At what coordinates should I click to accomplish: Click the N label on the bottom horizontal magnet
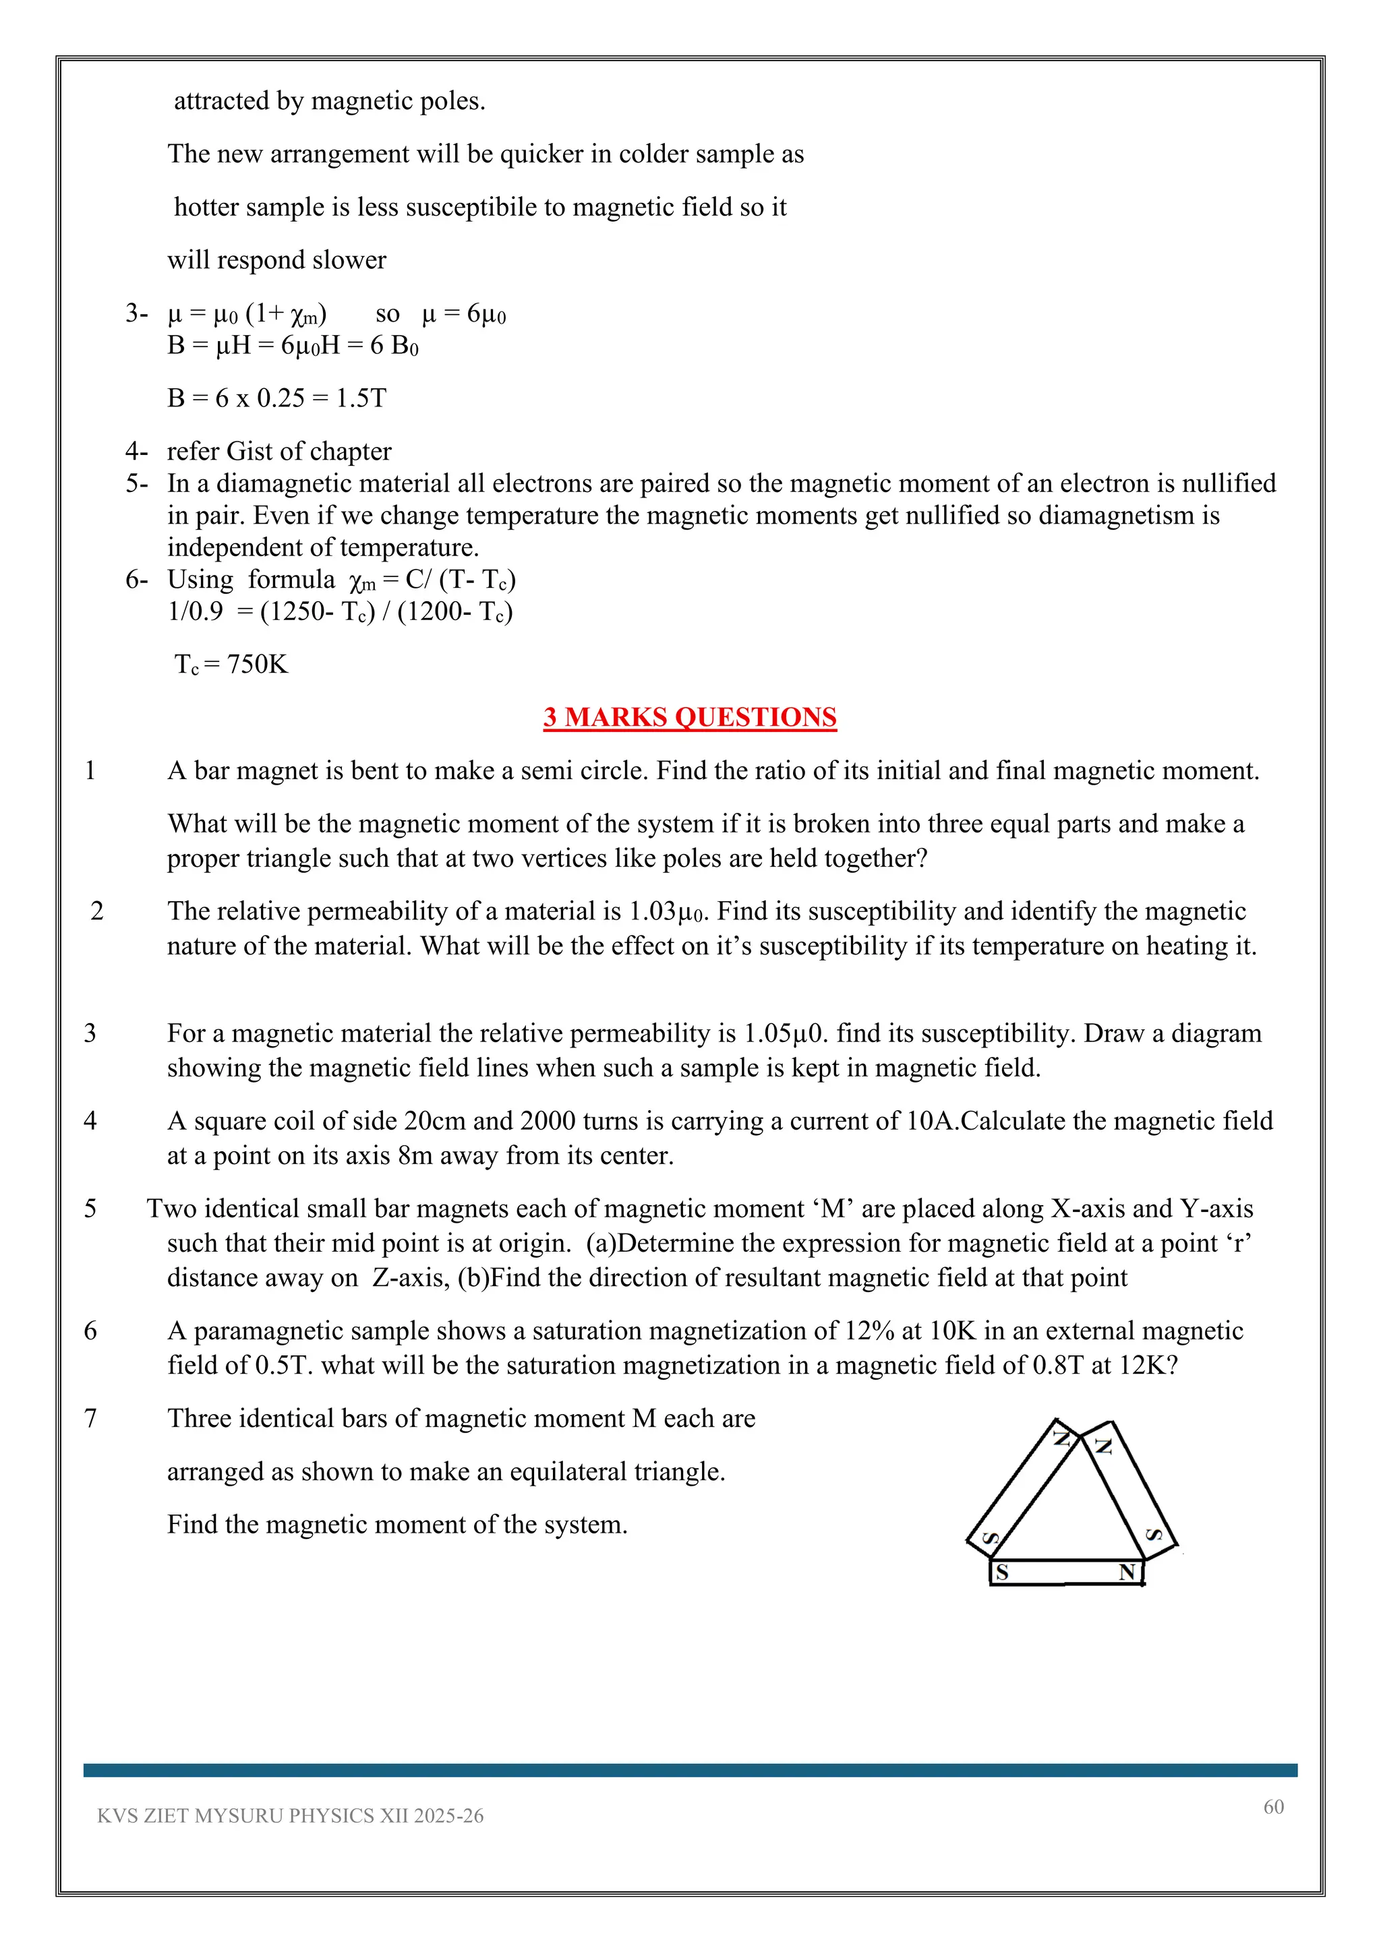(x=1127, y=1573)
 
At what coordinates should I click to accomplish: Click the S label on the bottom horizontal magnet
(x=1003, y=1573)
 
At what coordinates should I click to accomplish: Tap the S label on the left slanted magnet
(x=991, y=1537)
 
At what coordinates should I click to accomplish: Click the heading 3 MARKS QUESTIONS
(x=690, y=718)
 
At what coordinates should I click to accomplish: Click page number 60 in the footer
(x=1273, y=1806)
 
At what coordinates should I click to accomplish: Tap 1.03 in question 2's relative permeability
(x=652, y=911)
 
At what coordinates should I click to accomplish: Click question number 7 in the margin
(x=90, y=1418)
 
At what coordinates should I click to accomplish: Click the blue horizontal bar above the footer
(x=690, y=1770)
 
